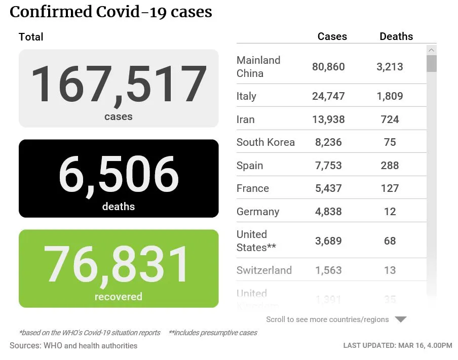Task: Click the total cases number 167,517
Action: pos(119,84)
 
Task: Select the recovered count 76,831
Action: pos(119,264)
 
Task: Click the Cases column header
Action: pos(332,36)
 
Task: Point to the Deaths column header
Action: pos(396,36)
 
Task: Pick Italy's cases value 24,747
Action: pos(328,96)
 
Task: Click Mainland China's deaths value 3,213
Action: pos(390,66)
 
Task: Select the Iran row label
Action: pos(246,119)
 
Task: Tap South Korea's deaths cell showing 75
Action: pos(390,142)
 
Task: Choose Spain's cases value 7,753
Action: pos(328,166)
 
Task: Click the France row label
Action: pos(253,188)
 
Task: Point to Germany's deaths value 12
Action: pos(390,212)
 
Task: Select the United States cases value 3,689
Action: pos(328,241)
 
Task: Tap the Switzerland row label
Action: pos(264,270)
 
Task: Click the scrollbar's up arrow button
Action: pos(431,50)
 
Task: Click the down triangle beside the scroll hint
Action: pos(401,319)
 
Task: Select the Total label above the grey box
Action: pos(31,37)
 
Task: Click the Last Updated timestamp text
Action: pos(398,345)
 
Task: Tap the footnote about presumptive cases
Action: pos(213,333)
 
